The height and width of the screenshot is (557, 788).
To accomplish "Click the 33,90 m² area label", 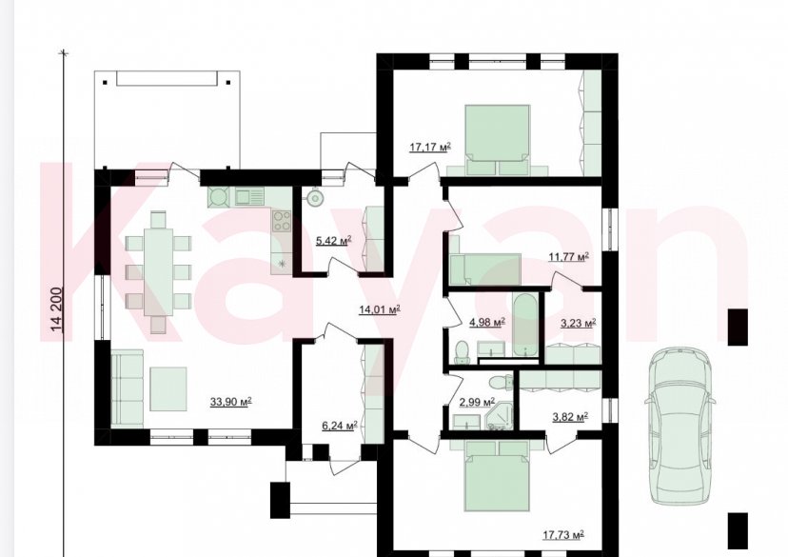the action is (x=230, y=402).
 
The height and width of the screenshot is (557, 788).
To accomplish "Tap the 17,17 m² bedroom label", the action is (x=430, y=147).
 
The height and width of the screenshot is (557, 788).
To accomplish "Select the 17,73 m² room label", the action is (x=562, y=535).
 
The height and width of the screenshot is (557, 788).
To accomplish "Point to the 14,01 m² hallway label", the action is (x=380, y=309).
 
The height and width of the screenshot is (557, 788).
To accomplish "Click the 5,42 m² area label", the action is (x=333, y=241).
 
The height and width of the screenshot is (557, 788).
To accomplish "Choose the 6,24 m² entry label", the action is (x=339, y=426).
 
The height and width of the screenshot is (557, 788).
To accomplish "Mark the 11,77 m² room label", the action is (x=568, y=257).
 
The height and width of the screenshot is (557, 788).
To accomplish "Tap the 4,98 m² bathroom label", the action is (x=487, y=322).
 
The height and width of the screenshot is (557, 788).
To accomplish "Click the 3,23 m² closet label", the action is (x=578, y=323).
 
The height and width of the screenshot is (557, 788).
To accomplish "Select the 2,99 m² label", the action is (x=477, y=402).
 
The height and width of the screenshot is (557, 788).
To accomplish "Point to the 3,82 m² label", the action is (x=570, y=416).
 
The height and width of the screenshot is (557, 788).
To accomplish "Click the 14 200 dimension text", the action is (x=57, y=309).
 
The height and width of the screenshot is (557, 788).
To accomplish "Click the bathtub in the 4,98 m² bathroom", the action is (x=525, y=326).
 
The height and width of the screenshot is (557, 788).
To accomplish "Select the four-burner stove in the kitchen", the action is (x=282, y=221).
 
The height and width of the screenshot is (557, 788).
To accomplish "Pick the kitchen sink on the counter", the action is (x=248, y=196).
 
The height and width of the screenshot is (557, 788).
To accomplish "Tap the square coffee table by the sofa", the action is (x=167, y=388).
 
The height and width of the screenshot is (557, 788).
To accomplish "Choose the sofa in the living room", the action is (x=127, y=388).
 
